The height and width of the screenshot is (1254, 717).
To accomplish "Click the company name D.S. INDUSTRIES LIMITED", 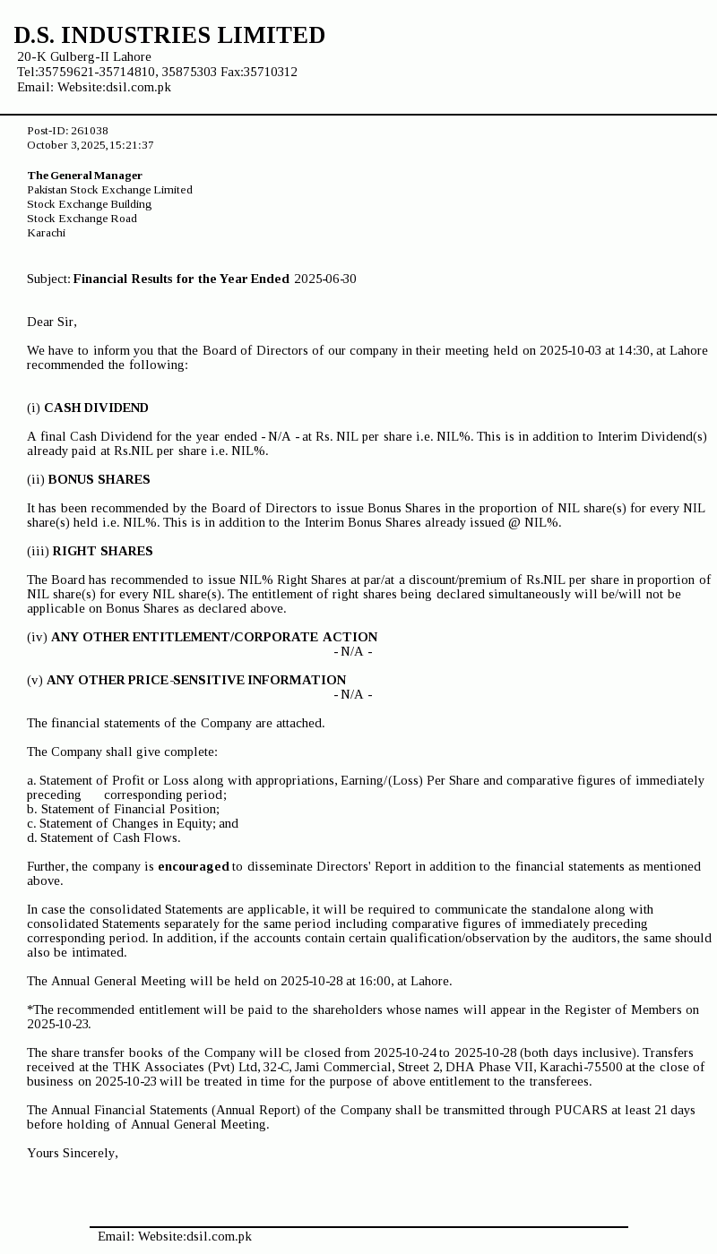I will (169, 36).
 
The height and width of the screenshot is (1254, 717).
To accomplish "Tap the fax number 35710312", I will (272, 72).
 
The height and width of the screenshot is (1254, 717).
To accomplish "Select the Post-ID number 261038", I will (90, 131).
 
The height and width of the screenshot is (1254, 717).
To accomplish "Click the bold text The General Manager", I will (84, 176).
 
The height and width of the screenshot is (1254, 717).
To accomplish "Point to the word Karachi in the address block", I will (46, 233).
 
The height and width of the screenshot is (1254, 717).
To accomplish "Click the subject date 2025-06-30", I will (324, 279).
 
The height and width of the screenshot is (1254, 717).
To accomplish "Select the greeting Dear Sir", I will (52, 322).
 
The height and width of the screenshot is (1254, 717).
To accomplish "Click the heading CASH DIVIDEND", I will (96, 408).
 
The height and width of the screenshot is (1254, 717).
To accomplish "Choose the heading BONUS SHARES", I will (99, 479).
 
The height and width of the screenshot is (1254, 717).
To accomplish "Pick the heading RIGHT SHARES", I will (102, 551).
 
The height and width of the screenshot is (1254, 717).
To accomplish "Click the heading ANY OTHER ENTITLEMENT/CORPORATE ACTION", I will (214, 637).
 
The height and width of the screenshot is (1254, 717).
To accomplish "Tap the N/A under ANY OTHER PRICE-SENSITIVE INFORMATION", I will (352, 694).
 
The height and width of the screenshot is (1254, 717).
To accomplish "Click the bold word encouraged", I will (194, 866).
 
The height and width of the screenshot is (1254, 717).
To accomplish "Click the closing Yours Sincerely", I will (73, 1153).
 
